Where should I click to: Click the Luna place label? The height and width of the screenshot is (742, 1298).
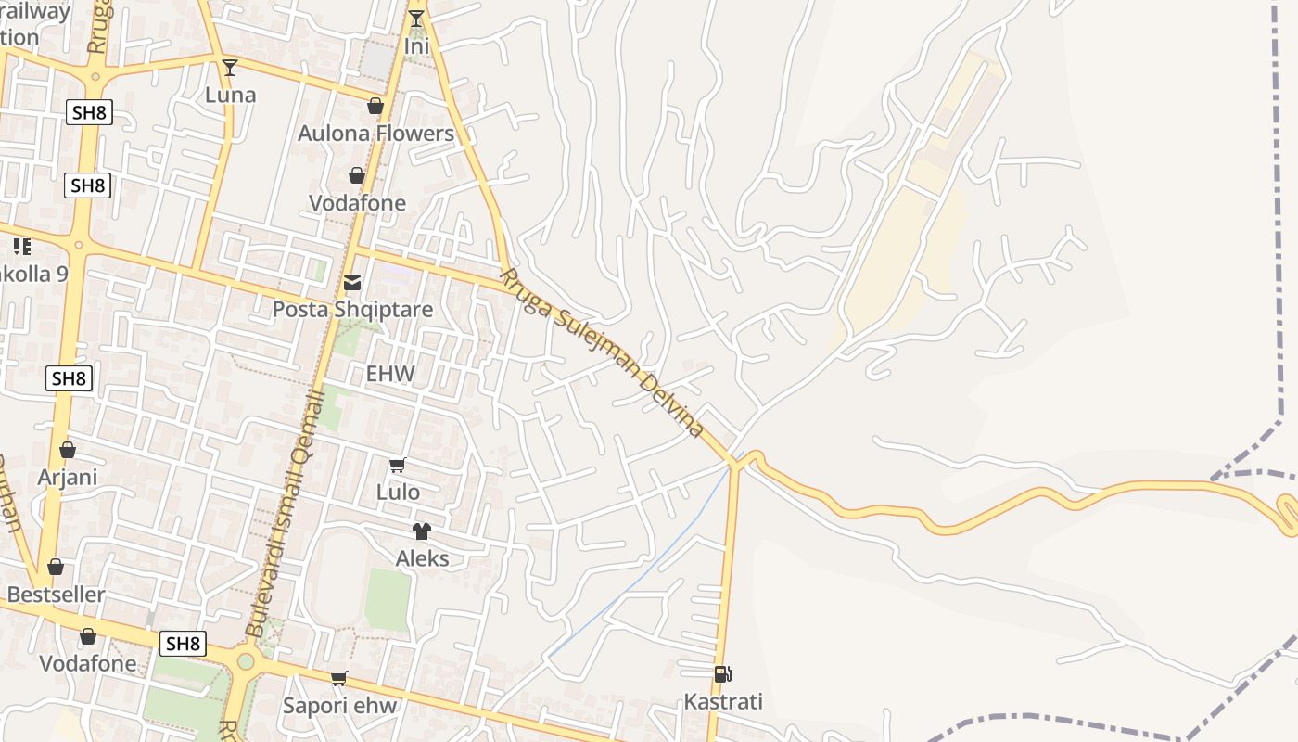tap(230, 95)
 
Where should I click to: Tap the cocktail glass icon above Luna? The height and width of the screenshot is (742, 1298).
tap(230, 67)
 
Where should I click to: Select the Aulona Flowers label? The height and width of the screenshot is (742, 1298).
tap(375, 134)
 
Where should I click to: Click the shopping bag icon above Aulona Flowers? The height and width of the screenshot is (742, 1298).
tap(375, 106)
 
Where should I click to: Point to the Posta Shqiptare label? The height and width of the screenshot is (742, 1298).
tap(352, 309)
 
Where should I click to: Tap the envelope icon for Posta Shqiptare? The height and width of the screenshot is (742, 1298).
tap(352, 283)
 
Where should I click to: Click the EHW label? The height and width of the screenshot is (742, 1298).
tap(390, 374)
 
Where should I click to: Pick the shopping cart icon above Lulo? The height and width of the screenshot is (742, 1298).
tap(398, 465)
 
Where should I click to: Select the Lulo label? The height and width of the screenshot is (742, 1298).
tap(398, 492)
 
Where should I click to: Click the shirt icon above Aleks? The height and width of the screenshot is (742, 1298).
tap(422, 531)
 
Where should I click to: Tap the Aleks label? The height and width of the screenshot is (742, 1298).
tap(422, 558)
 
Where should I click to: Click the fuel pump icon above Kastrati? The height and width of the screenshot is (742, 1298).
tap(722, 674)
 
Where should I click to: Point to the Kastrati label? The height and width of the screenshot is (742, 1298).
tap(723, 701)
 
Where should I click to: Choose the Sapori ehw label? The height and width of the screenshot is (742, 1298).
tap(339, 706)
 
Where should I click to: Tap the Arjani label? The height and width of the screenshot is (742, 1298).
tap(68, 478)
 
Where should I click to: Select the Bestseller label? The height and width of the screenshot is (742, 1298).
tap(56, 594)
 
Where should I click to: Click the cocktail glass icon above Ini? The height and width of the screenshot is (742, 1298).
tap(416, 18)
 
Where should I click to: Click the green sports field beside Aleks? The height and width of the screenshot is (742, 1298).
tap(387, 599)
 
